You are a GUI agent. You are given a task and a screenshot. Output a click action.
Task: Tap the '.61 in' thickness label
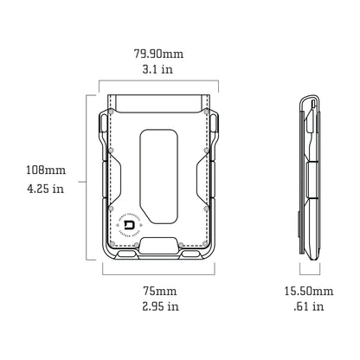click(x=310, y=305)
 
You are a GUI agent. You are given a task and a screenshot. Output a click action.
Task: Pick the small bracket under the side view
click(x=309, y=272)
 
